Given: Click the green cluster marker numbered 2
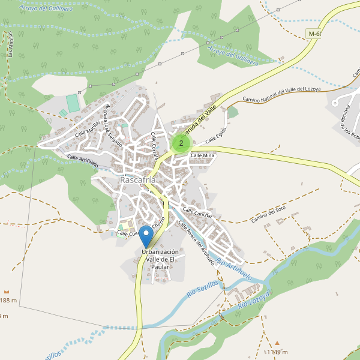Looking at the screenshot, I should tap(181, 143).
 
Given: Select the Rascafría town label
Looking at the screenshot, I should tap(138, 180).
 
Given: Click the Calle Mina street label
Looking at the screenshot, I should tap(202, 155).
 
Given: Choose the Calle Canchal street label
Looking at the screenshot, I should tap(197, 213).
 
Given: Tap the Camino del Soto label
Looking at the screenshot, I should tap(268, 214).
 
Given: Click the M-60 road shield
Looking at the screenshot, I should tap(314, 34).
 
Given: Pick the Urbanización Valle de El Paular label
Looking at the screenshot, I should tap(160, 259).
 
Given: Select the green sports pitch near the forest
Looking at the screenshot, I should tap(73, 103).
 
